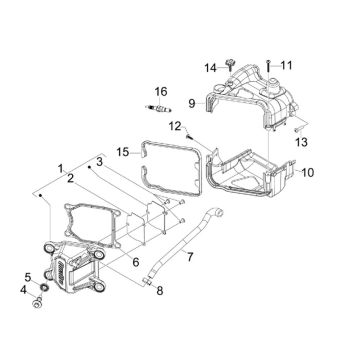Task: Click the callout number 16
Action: (159, 91)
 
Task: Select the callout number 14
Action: (211, 67)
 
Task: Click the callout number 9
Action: (190, 101)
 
